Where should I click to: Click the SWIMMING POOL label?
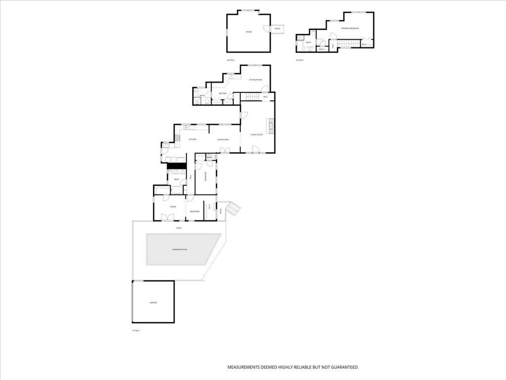pyautogui.click(x=180, y=249)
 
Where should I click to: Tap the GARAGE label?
pyautogui.click(x=153, y=302)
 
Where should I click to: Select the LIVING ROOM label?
pyautogui.click(x=256, y=135)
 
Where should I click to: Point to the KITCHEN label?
pyautogui.click(x=192, y=140)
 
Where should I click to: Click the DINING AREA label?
pyautogui.click(x=223, y=140)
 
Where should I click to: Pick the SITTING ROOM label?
pyautogui.click(x=255, y=80)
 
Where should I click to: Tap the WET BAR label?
pyautogui.click(x=222, y=93)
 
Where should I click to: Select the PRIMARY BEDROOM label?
pyautogui.click(x=350, y=29)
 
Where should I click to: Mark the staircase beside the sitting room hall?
pyautogui.click(x=253, y=96)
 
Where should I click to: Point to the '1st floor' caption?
pyautogui.click(x=135, y=331)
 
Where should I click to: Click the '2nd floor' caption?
pyautogui.click(x=230, y=60)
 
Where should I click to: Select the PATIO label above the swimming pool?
pyautogui.click(x=179, y=228)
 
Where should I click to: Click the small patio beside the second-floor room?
pyautogui.click(x=277, y=29)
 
